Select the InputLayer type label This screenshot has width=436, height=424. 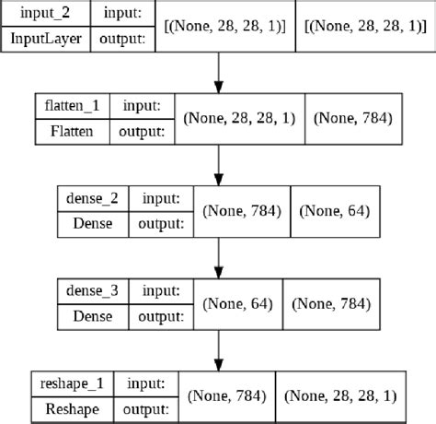[41, 39]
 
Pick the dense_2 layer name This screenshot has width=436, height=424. [92, 197]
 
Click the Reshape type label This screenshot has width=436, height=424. [69, 406]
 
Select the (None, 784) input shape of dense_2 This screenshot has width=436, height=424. [242, 211]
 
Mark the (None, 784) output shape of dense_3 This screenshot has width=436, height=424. [332, 303]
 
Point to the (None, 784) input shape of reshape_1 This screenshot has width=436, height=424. [225, 395]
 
